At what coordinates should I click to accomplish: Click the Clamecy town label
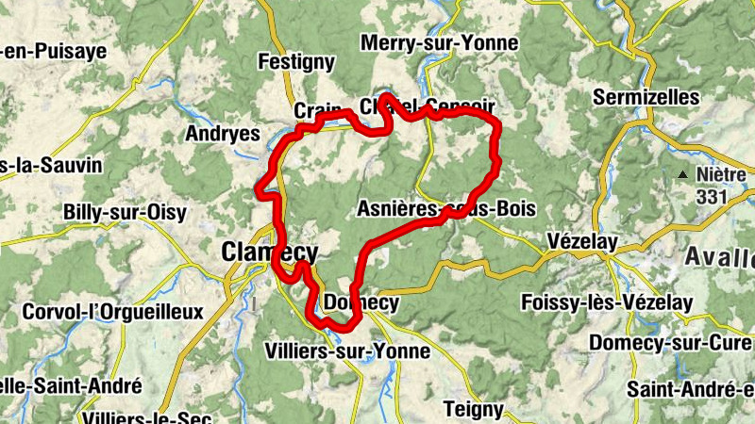click(x=269, y=252)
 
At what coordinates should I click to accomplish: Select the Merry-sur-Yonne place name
click(x=439, y=42)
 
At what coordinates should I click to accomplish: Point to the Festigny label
click(x=296, y=63)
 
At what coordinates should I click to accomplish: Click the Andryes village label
click(x=223, y=134)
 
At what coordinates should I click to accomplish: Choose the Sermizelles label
click(x=646, y=97)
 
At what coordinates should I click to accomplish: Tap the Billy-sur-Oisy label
click(x=125, y=212)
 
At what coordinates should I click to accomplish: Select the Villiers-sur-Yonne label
click(x=359, y=351)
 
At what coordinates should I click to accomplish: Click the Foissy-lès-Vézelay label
click(x=607, y=303)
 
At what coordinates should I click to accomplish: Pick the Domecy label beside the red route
click(x=361, y=303)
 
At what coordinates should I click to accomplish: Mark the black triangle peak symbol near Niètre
click(x=681, y=174)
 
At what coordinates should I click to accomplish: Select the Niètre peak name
click(x=722, y=175)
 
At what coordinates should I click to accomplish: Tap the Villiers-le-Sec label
click(x=138, y=416)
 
